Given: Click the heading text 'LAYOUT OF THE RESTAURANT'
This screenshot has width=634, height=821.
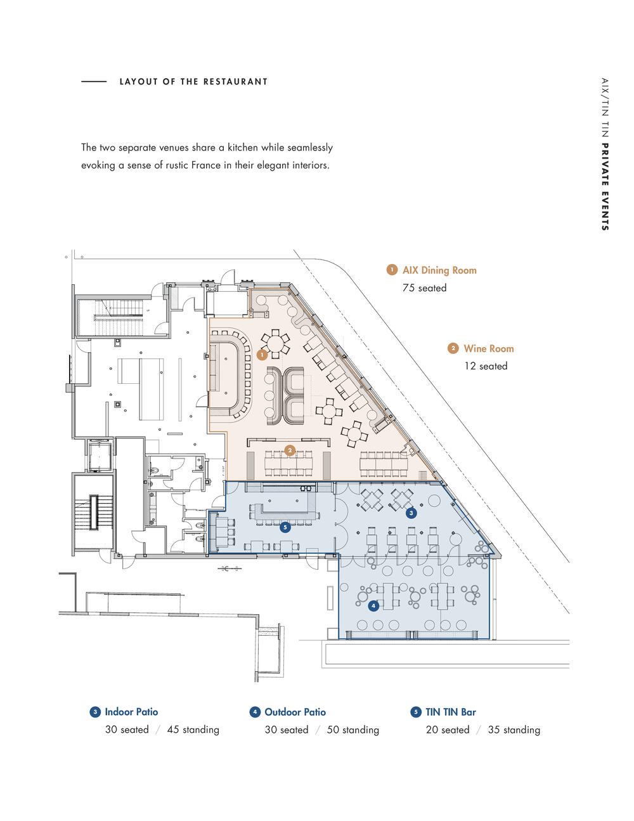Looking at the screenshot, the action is click(193, 82).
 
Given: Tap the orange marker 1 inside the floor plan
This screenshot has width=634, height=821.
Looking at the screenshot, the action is click(262, 355).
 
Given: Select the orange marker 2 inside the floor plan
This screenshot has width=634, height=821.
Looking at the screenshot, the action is click(290, 450).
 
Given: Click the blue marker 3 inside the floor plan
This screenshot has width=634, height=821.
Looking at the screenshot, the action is click(411, 513).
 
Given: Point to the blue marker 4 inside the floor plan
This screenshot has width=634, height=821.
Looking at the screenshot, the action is click(373, 606).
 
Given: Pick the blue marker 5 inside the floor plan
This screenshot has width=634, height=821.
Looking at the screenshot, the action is click(285, 527).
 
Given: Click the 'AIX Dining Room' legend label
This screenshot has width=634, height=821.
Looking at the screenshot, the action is click(439, 270).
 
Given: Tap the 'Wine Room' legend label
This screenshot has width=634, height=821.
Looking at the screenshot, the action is click(489, 348).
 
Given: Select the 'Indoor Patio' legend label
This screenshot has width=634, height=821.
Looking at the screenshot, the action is click(131, 712).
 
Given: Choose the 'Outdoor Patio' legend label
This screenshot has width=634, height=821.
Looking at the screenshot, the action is click(295, 712).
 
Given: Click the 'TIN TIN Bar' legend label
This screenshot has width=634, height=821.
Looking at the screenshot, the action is click(451, 712).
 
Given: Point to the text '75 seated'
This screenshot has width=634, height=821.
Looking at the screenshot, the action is click(425, 288).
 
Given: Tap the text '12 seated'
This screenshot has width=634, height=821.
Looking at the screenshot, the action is click(486, 366).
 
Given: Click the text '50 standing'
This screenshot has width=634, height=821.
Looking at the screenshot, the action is click(353, 730).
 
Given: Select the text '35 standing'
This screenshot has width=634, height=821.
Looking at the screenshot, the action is click(514, 730).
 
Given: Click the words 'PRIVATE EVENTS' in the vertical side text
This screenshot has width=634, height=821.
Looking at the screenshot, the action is click(605, 187).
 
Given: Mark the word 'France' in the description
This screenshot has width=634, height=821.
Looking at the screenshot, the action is click(211, 165).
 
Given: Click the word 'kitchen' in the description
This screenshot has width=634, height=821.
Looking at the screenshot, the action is click(243, 147).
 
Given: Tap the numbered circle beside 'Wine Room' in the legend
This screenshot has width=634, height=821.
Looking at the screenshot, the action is click(453, 348).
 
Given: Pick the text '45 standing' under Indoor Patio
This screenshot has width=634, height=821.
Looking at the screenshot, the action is click(193, 730).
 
